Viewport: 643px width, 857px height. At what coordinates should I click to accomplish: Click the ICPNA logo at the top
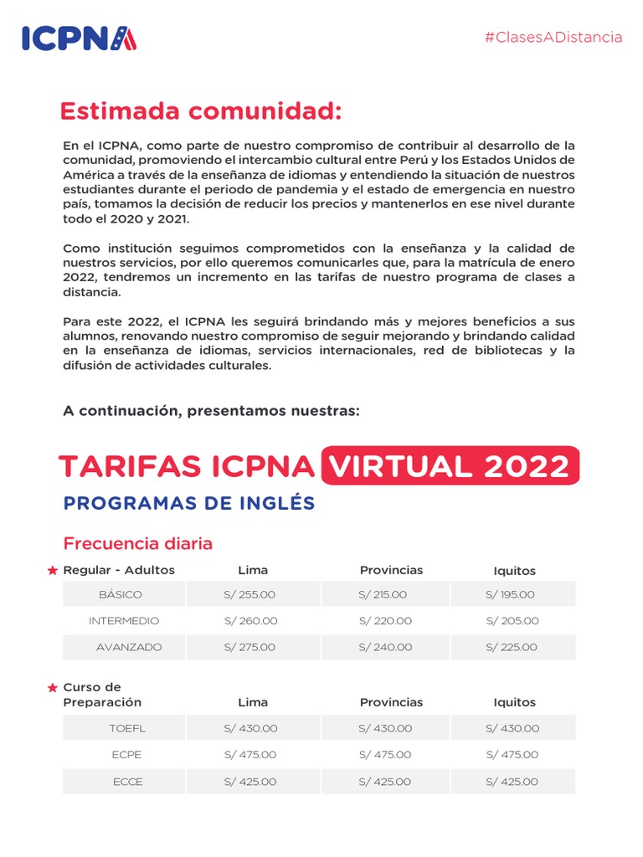(x=79, y=38)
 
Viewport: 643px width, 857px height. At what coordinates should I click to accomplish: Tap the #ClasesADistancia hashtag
(x=553, y=37)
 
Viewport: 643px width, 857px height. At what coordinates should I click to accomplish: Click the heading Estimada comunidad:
(x=201, y=111)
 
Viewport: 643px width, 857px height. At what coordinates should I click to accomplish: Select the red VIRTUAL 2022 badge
(x=450, y=465)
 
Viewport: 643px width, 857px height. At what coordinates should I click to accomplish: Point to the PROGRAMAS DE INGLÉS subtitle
(x=189, y=503)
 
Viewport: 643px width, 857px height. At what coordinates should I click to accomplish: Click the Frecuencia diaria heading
(x=138, y=543)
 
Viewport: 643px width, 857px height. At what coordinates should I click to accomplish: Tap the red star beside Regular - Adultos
(x=53, y=571)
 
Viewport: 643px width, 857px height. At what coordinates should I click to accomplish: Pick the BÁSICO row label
(x=121, y=594)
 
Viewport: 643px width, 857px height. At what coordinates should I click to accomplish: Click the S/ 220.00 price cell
(x=385, y=621)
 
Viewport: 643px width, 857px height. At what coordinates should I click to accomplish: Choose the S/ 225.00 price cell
(x=512, y=647)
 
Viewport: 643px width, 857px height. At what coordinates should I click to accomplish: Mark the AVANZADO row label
(x=129, y=647)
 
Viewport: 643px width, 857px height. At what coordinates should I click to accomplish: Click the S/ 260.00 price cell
(x=250, y=621)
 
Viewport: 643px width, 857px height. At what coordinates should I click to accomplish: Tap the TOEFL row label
(x=127, y=728)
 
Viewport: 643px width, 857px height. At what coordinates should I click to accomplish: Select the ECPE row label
(x=126, y=754)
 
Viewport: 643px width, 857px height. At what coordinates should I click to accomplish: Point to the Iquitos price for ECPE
(x=512, y=754)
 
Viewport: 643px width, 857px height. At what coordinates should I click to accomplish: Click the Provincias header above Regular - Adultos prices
(x=391, y=570)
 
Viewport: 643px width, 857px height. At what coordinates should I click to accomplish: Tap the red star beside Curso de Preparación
(x=53, y=688)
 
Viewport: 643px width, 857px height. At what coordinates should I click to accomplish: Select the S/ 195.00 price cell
(x=510, y=594)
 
